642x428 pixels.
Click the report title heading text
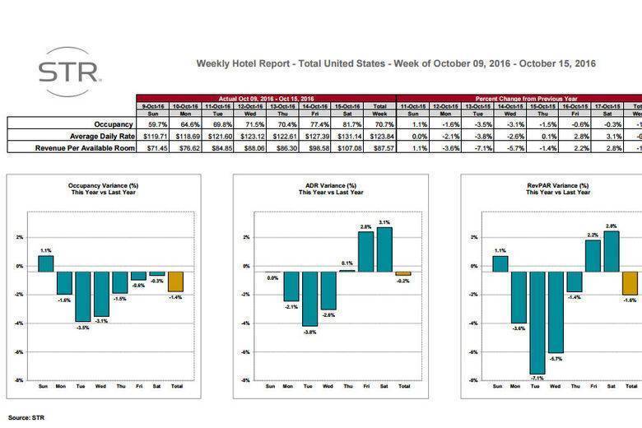pyautogui.click(x=396, y=63)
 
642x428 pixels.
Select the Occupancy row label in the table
pyautogui.click(x=112, y=123)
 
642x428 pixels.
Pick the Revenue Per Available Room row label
pyautogui.click(x=85, y=147)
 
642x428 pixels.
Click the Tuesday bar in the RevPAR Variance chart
pyautogui.click(x=537, y=322)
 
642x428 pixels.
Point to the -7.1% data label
pyautogui.click(x=537, y=379)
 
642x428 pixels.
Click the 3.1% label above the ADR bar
pyautogui.click(x=384, y=221)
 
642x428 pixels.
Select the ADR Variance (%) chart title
pyautogui.click(x=329, y=186)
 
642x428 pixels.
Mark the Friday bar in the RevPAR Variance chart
pyautogui.click(x=593, y=255)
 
